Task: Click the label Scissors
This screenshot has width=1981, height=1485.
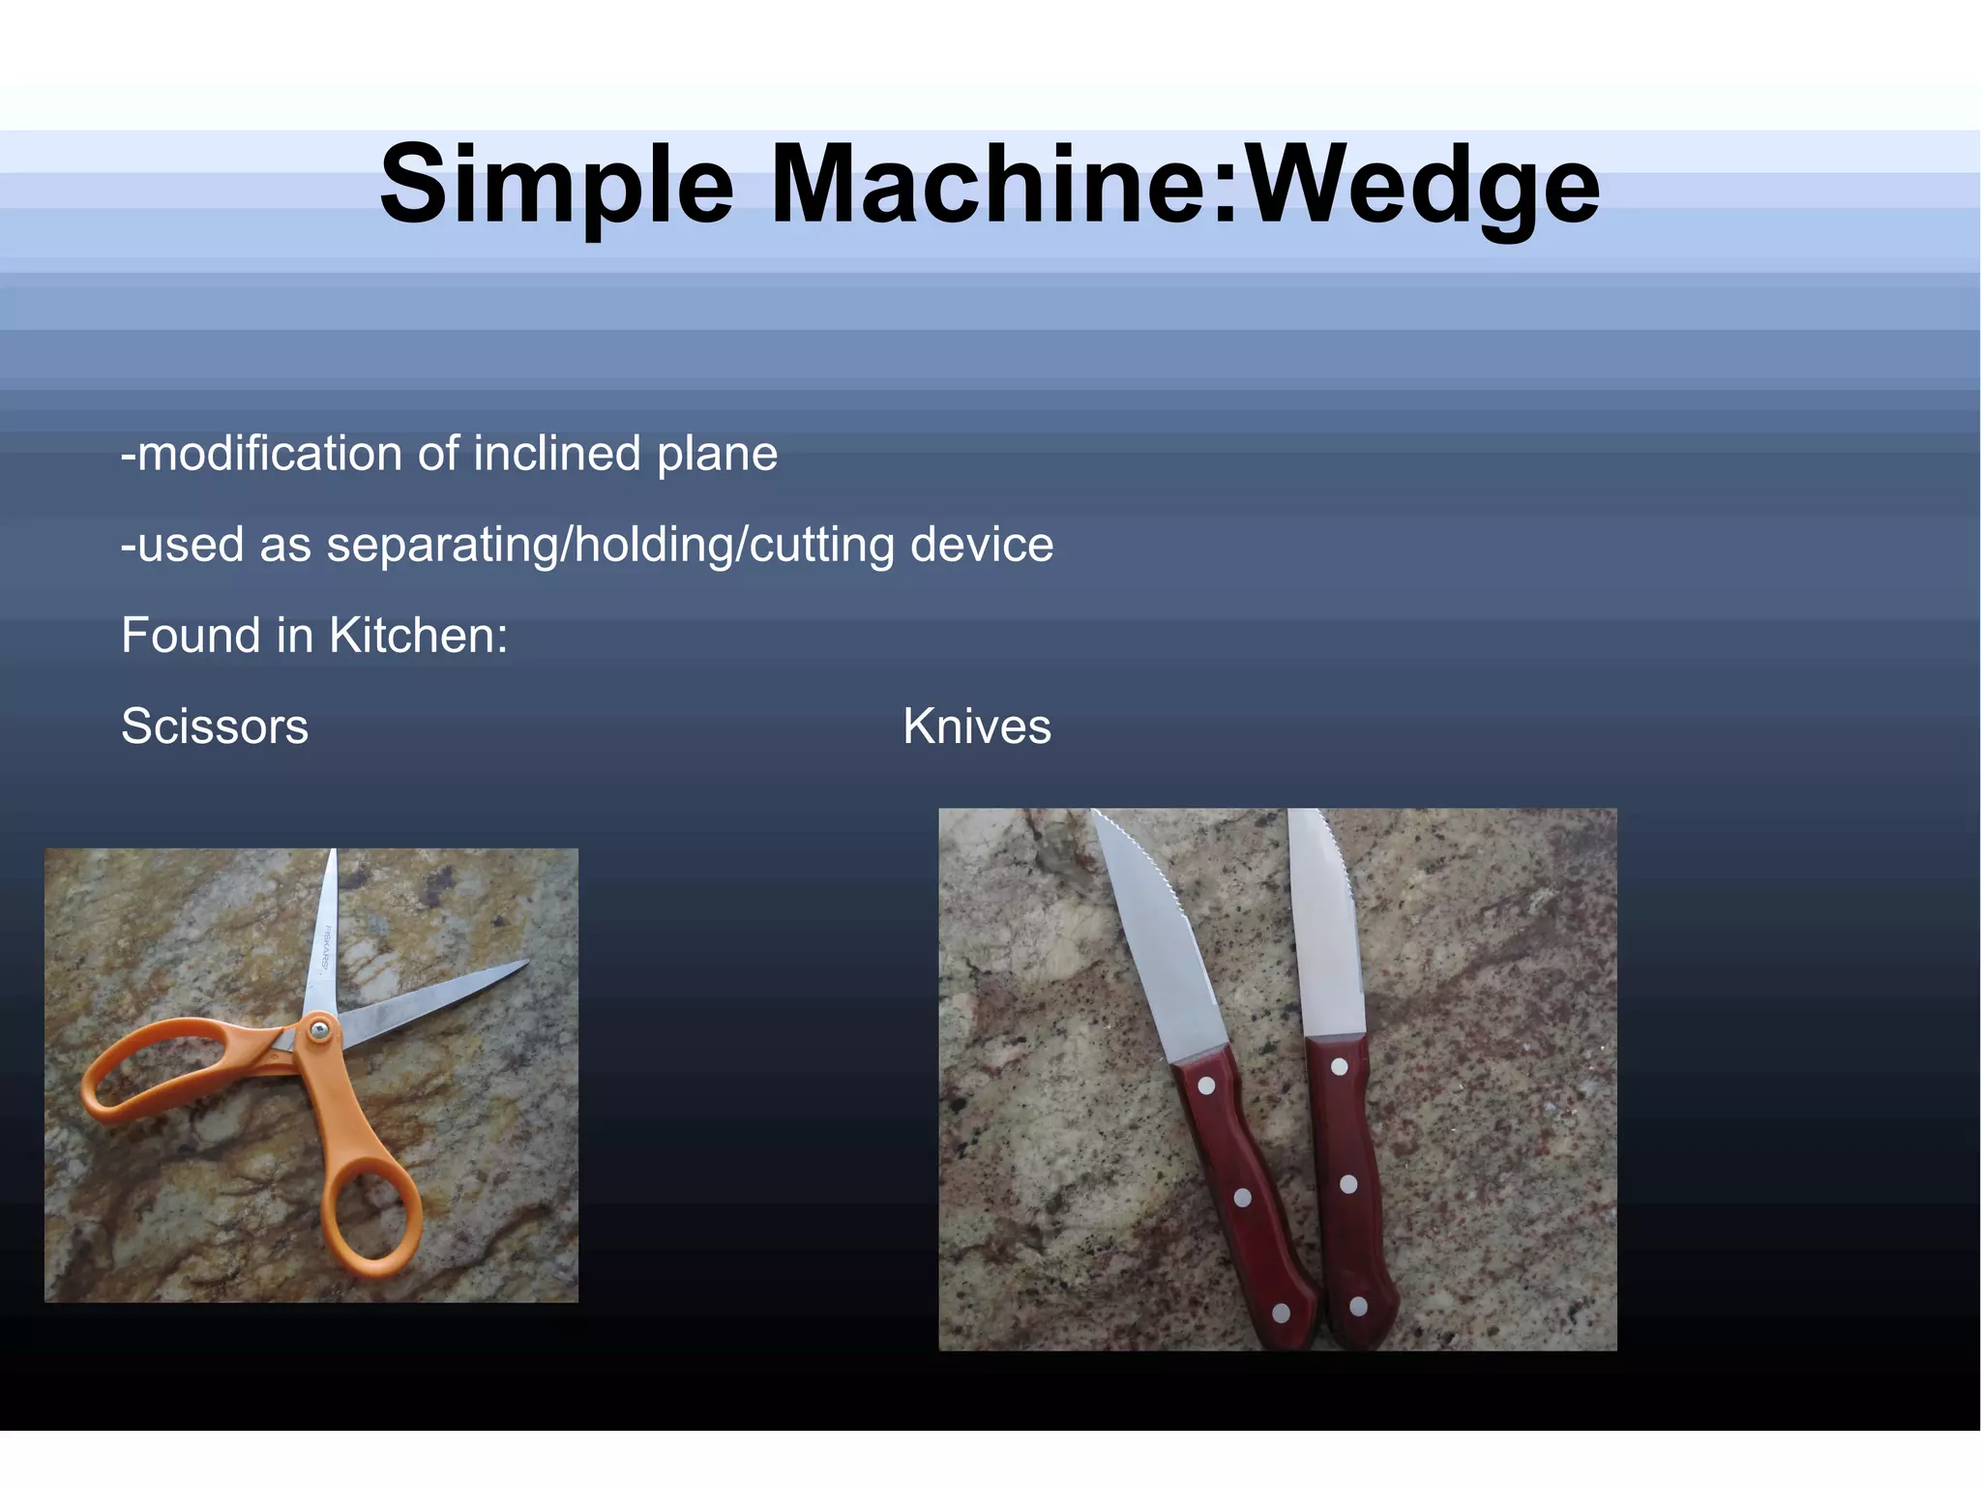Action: click(x=215, y=727)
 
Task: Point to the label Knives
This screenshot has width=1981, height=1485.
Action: click(x=977, y=727)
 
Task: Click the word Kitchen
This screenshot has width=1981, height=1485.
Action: click(x=418, y=636)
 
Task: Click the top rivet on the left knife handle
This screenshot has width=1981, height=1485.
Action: click(x=1206, y=1085)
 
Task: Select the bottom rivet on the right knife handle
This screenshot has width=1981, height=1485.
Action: click(x=1358, y=1306)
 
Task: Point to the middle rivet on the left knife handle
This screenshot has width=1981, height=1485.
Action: click(x=1243, y=1198)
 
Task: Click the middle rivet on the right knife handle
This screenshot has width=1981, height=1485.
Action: click(x=1348, y=1184)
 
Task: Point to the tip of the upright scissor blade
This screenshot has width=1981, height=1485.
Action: click(x=334, y=853)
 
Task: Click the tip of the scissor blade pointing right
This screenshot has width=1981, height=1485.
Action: click(x=525, y=964)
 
